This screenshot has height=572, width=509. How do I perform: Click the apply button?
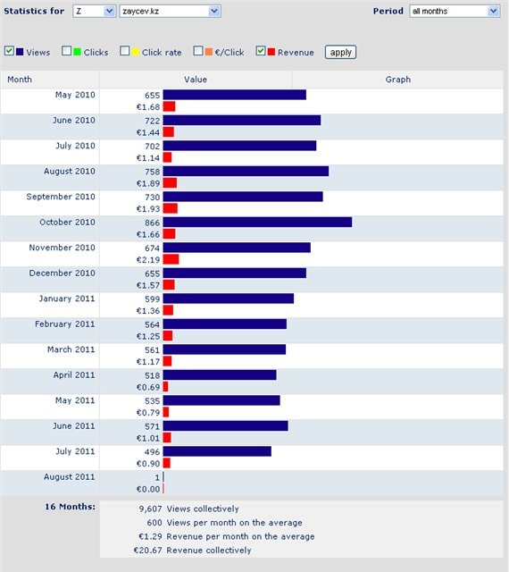(340, 52)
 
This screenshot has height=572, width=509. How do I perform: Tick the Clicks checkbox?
(66, 51)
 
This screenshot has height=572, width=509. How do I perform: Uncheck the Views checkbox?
(9, 51)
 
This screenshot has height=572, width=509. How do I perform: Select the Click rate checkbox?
(125, 51)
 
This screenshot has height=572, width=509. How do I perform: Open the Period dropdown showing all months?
(455, 12)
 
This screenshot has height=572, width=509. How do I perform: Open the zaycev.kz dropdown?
(170, 12)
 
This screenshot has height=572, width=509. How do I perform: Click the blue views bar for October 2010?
(257, 223)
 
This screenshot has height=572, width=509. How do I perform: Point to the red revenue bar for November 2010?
(171, 259)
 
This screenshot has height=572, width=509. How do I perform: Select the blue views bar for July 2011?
(217, 451)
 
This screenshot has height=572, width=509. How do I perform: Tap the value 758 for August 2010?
(153, 172)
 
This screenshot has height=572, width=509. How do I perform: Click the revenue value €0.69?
(148, 387)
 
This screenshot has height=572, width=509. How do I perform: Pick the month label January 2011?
(67, 299)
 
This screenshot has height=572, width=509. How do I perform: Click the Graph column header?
(397, 80)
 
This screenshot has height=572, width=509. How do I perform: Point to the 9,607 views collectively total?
(150, 509)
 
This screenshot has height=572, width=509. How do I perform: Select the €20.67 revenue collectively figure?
(147, 551)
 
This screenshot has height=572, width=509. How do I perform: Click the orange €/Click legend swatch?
(209, 52)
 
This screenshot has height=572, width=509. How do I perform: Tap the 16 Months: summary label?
(70, 507)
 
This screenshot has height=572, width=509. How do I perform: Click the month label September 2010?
(61, 197)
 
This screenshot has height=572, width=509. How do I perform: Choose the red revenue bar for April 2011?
(165, 387)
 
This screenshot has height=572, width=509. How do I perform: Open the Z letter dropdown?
(95, 12)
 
